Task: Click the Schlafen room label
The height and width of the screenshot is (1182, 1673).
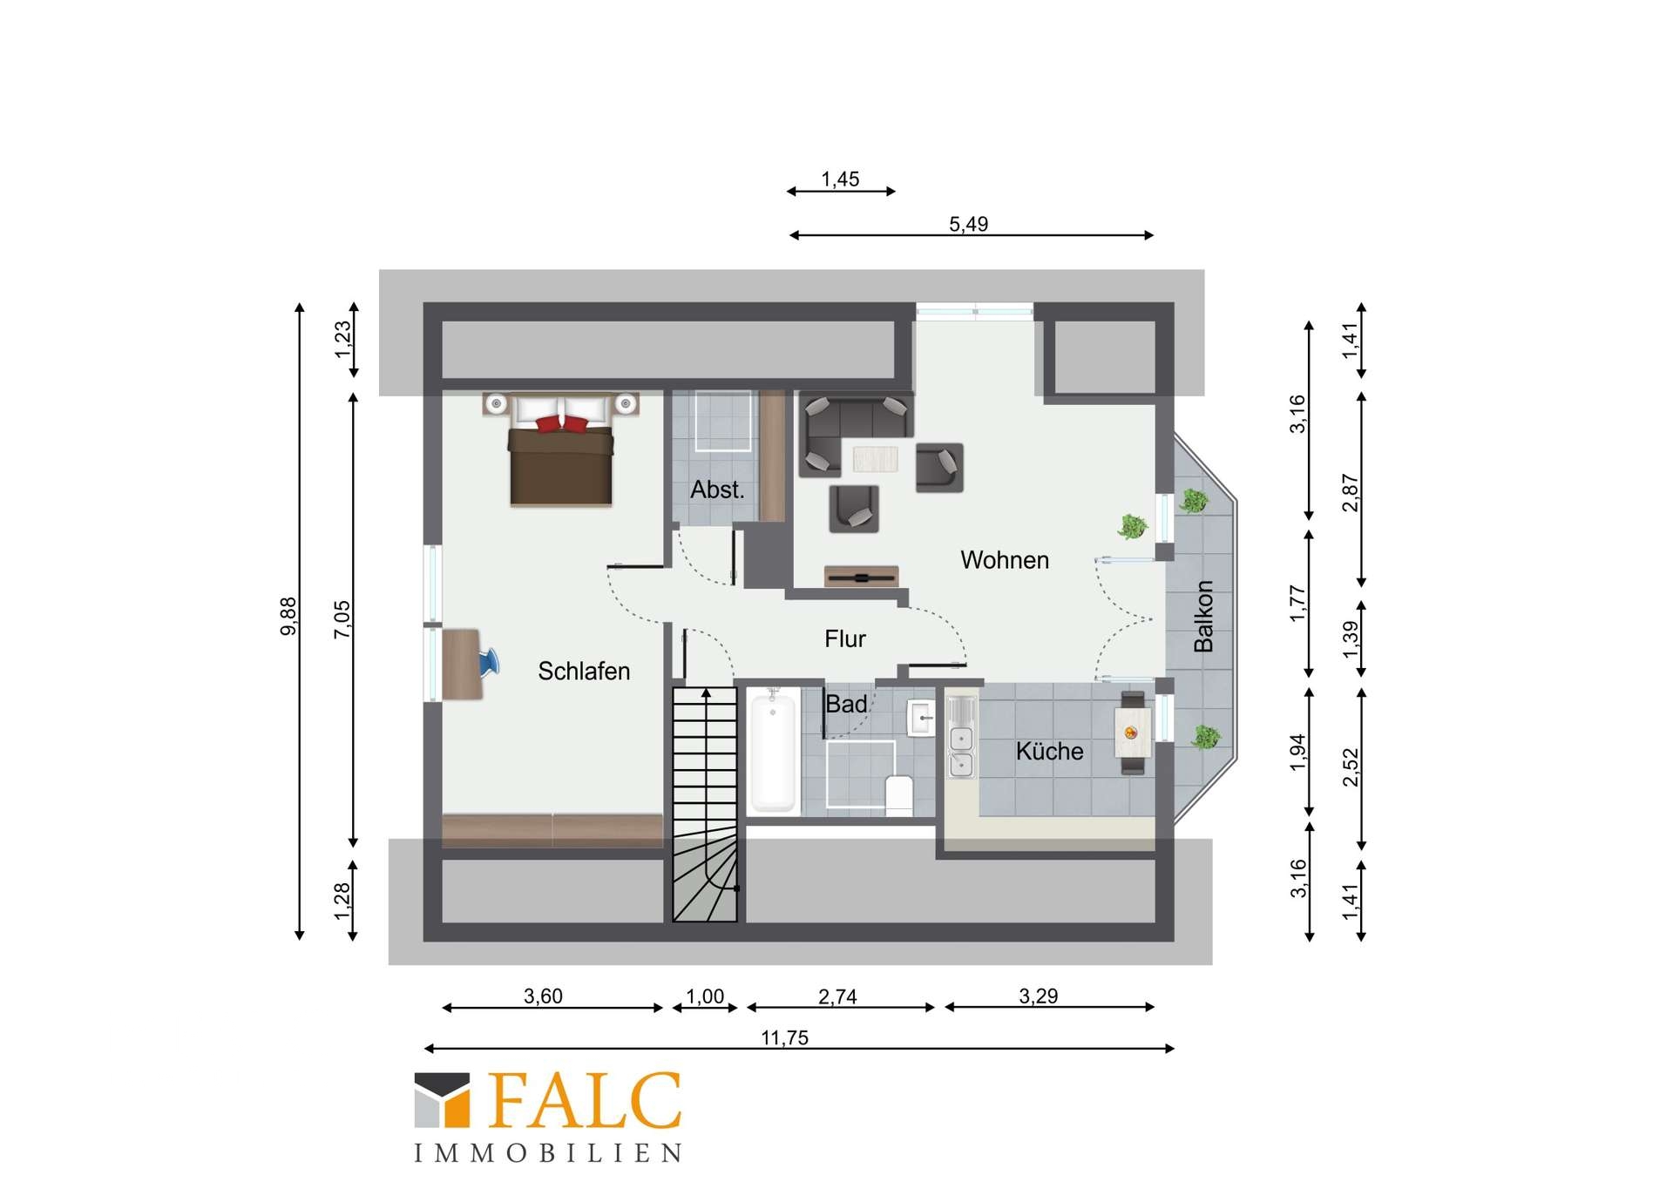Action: point(584,671)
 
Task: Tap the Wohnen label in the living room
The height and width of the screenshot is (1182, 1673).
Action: point(1005,559)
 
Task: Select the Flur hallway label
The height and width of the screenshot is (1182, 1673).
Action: point(845,638)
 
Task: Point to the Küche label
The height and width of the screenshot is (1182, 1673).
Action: point(1049,751)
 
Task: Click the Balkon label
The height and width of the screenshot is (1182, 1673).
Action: point(1203,616)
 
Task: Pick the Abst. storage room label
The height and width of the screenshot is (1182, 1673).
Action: point(717,490)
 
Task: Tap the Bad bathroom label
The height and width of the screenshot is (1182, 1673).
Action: point(846,704)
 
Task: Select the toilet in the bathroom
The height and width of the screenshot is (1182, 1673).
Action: point(898,794)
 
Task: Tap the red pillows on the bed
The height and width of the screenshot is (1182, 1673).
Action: point(562,423)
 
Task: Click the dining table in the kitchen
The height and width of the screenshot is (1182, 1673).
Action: point(1133,733)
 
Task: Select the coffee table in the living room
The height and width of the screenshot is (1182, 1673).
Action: point(875,458)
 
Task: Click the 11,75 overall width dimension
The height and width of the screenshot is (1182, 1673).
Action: point(785,1037)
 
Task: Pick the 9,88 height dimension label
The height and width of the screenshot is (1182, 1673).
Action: point(288,616)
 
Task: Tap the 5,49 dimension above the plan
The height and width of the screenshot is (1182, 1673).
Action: point(969,224)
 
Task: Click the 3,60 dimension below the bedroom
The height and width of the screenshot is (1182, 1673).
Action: point(543,996)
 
